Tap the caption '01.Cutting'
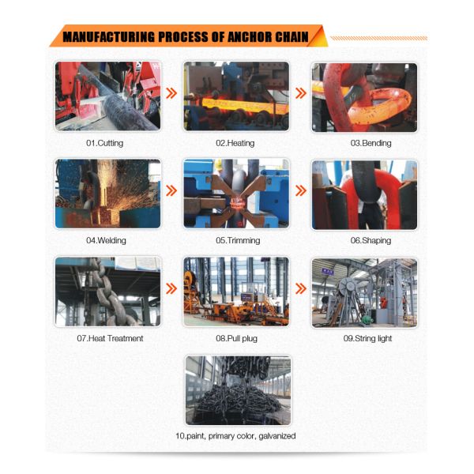[107, 143]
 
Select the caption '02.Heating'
[236, 143]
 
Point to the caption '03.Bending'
[365, 143]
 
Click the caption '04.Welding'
[107, 240]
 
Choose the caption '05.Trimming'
[236, 240]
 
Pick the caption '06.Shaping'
[365, 240]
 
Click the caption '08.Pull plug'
[236, 338]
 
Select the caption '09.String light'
[365, 338]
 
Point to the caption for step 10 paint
[236, 435]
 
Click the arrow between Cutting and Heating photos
[171, 94]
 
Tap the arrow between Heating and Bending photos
[300, 94]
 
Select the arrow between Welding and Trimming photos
[171, 191]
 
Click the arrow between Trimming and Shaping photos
[300, 191]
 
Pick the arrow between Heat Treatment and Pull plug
[171, 289]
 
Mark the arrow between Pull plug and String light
[300, 289]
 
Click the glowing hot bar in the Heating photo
[236, 102]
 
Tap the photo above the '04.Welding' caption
[107, 194]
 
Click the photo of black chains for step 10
[236, 389]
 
